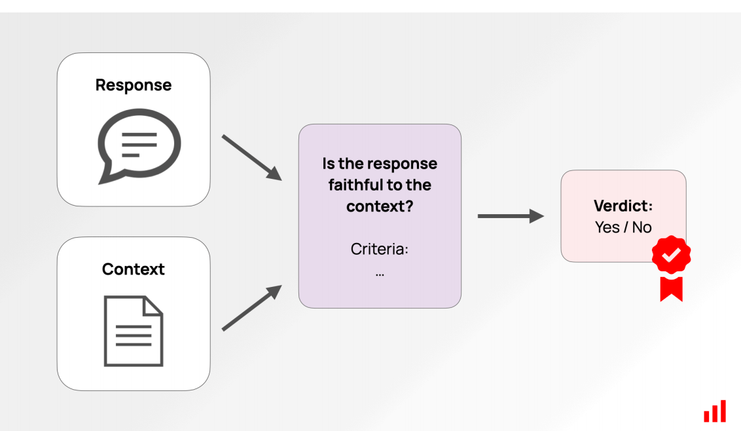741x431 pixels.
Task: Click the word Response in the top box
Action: [134, 86]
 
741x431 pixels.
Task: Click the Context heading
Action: [134, 269]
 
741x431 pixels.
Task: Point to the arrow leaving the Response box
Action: [252, 158]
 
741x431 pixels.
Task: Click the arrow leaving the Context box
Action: [252, 307]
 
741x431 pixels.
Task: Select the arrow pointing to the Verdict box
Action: [511, 216]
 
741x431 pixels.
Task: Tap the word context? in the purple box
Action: [380, 207]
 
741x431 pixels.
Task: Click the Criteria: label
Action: [380, 250]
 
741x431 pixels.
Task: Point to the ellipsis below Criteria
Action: [380, 274]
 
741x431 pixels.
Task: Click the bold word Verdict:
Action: [623, 206]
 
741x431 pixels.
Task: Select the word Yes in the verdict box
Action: [607, 227]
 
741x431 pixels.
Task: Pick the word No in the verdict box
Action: [642, 227]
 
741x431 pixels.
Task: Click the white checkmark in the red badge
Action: [671, 255]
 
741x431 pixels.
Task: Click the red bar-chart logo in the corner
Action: [715, 411]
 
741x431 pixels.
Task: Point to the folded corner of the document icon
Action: [153, 305]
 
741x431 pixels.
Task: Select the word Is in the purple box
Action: [329, 164]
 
